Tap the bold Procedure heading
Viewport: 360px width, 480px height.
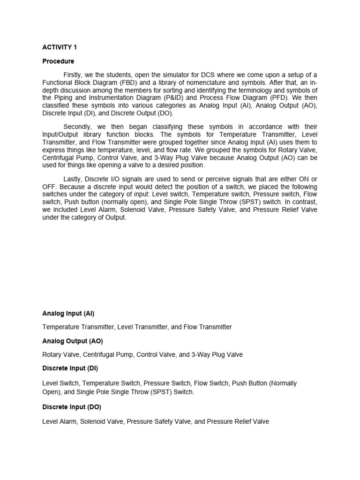tap(58, 61)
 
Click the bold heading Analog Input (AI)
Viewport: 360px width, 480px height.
tap(68, 313)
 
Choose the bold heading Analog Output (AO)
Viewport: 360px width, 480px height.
tap(73, 341)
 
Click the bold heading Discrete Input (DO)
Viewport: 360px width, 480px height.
tap(72, 407)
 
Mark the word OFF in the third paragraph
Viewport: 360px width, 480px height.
tap(49, 187)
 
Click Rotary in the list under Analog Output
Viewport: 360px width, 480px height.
tap(52, 355)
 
